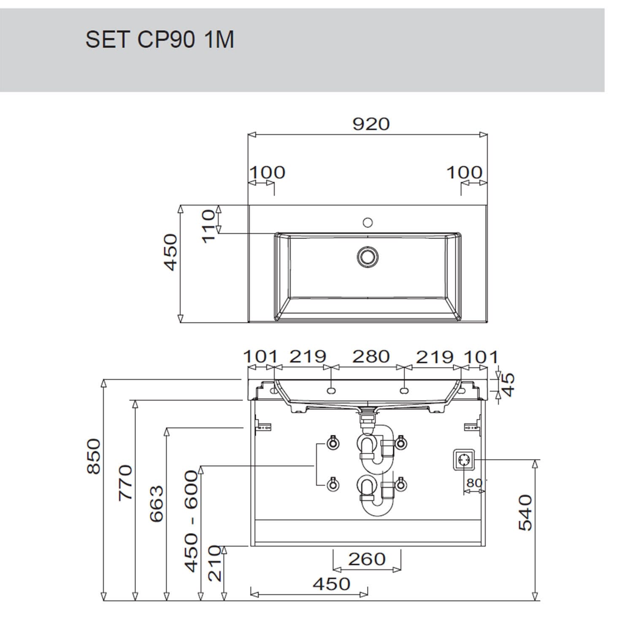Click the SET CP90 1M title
[160, 40]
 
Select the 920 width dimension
[371, 124]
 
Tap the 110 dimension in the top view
[208, 226]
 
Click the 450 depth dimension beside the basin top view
[170, 252]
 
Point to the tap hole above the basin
[368, 222]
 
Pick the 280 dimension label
[371, 357]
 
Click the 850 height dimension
[94, 456]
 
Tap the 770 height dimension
[125, 483]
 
